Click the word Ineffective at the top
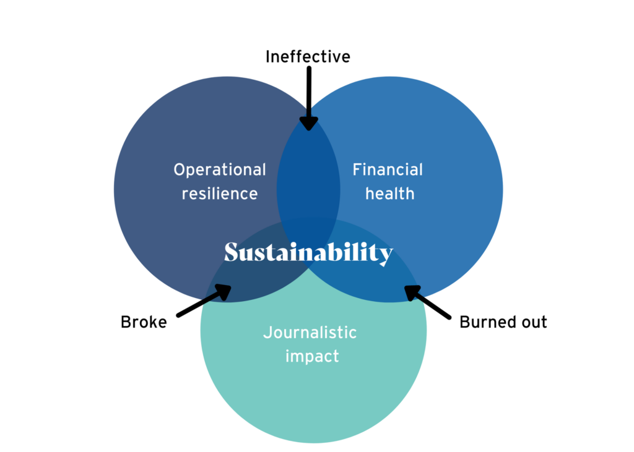pos(308,57)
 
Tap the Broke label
pos(144,322)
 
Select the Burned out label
pos(503,322)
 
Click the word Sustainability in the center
pos(308,253)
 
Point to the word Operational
pos(220,169)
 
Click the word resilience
pos(220,194)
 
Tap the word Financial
pos(388,169)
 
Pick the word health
pos(389,194)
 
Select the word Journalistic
pos(310,333)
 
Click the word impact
pos(312,356)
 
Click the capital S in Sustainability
pos(232,252)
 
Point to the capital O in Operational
pos(180,169)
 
